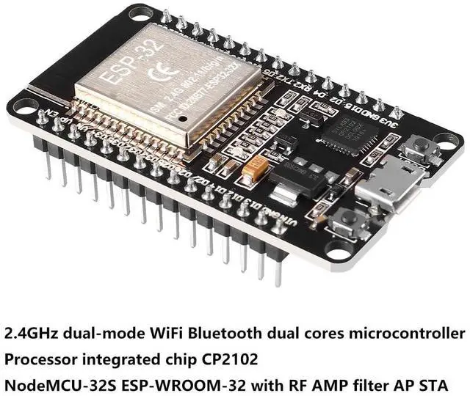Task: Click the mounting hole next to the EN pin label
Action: [23, 106]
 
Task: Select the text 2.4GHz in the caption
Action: [32, 334]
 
